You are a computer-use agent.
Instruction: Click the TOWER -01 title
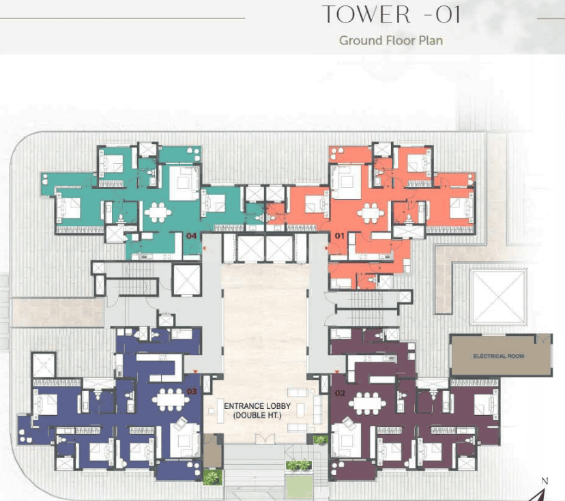pos(391,15)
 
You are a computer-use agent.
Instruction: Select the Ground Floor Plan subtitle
pos(391,40)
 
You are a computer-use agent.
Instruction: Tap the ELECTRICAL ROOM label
pos(499,356)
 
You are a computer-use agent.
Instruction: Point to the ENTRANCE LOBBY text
pos(257,406)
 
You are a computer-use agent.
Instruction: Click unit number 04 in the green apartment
pos(192,235)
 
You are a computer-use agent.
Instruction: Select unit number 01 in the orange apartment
pos(339,235)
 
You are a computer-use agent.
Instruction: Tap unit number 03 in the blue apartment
pos(192,391)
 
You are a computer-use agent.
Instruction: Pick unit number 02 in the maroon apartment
pos(340,393)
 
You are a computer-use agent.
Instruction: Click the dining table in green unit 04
pos(158,212)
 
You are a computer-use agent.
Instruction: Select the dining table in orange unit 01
pos(371,213)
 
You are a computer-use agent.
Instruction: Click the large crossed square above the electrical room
pos(497,297)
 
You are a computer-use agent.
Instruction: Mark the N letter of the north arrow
pos(545,481)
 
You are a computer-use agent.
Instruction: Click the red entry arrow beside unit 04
pos(204,248)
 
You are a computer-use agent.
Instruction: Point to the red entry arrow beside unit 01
pos(326,248)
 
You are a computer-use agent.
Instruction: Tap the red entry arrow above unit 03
pos(195,371)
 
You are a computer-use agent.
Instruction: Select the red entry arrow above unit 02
pos(337,371)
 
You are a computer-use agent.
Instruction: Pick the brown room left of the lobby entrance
pos(213,451)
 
